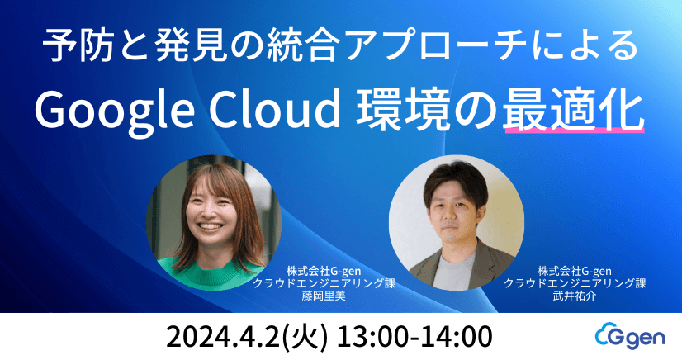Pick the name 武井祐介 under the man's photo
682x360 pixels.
tap(575, 295)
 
